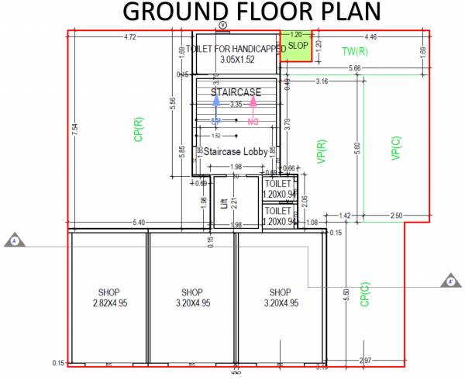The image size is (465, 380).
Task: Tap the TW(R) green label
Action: click(354, 51)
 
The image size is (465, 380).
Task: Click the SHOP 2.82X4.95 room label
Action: click(108, 298)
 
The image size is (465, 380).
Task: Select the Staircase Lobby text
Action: click(236, 152)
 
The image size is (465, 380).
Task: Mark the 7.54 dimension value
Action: click(75, 132)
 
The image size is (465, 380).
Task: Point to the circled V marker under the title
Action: click(223, 26)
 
